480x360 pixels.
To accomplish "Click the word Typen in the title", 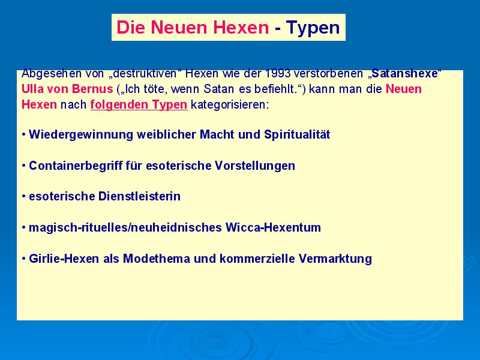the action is [x=313, y=28].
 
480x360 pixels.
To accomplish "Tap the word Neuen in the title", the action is [x=179, y=27].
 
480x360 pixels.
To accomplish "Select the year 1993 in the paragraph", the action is [x=278, y=73].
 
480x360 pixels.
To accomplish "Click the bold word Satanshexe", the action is [x=404, y=73].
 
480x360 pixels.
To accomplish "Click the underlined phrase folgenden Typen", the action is [x=139, y=105].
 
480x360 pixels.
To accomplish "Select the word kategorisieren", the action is [x=230, y=105].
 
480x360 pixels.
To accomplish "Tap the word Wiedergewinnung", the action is [x=81, y=134].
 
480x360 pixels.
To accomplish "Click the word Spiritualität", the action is [x=297, y=134].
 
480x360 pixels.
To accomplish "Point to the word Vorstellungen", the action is [x=255, y=166].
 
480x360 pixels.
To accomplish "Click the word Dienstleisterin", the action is [x=139, y=197].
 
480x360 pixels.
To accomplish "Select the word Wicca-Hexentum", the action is [x=273, y=228].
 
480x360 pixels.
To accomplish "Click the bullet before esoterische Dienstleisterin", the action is [x=23, y=197].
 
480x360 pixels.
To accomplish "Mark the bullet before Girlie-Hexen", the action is [x=23, y=259].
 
